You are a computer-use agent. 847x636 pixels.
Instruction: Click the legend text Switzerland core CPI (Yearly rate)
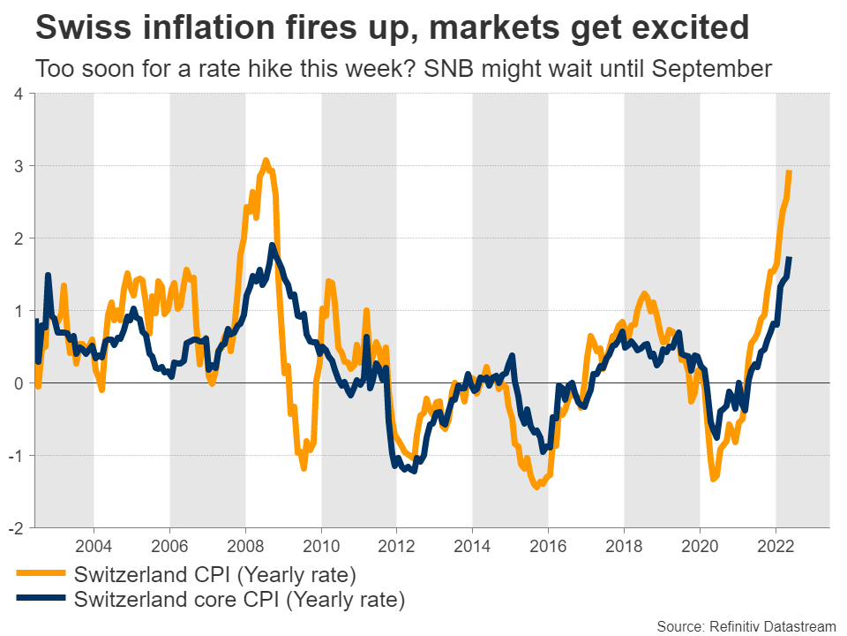tap(240, 602)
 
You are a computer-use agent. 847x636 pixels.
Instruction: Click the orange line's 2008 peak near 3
tap(266, 161)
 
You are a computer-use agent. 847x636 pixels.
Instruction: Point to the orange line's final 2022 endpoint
tap(789, 171)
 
